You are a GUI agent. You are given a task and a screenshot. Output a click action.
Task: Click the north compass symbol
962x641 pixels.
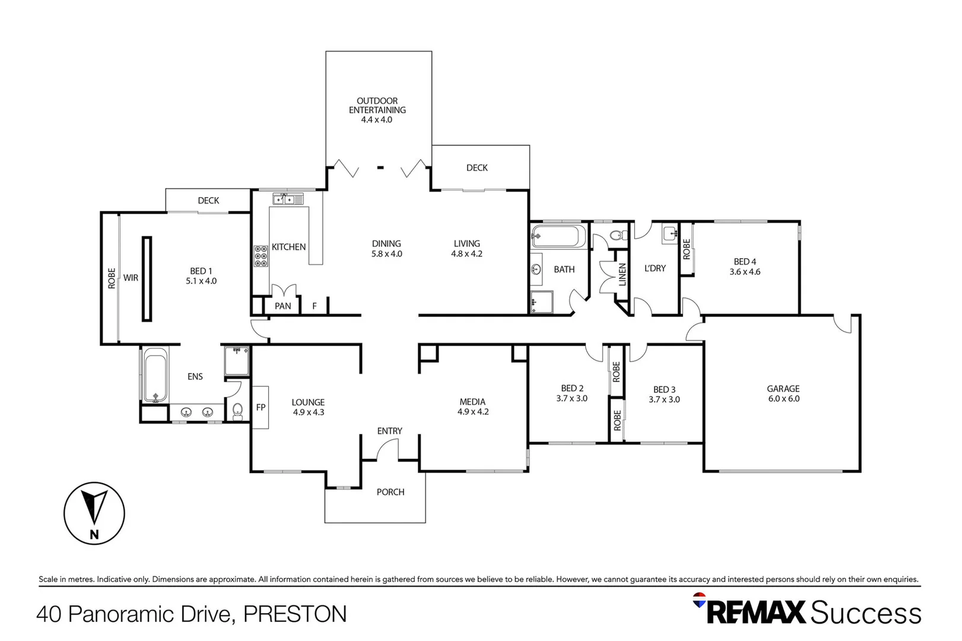click(94, 513)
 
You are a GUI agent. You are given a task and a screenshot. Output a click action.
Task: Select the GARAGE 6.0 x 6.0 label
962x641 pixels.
click(783, 394)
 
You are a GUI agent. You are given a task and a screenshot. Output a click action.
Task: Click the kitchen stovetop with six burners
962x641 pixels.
click(261, 256)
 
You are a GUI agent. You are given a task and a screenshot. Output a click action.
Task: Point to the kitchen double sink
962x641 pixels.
click(288, 199)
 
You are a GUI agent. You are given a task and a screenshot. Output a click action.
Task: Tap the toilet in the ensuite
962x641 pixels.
click(237, 410)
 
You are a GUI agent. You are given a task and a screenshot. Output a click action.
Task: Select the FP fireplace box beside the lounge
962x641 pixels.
click(261, 407)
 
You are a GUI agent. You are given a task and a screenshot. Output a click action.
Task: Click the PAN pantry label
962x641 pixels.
click(282, 306)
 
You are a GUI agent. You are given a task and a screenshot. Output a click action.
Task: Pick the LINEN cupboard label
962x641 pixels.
click(622, 275)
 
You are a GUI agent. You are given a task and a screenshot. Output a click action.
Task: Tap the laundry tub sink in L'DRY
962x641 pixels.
click(670, 233)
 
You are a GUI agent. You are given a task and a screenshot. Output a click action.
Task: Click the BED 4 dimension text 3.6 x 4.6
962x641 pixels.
click(745, 272)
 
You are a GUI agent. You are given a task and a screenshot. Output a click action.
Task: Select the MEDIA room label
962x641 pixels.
click(472, 402)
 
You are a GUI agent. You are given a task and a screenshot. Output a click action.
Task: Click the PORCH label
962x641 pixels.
click(390, 492)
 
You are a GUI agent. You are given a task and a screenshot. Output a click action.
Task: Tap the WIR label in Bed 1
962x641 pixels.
click(131, 278)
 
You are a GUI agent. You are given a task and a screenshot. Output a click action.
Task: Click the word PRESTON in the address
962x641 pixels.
click(295, 614)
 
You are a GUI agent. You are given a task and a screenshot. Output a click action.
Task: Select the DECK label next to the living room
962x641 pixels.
click(477, 168)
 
